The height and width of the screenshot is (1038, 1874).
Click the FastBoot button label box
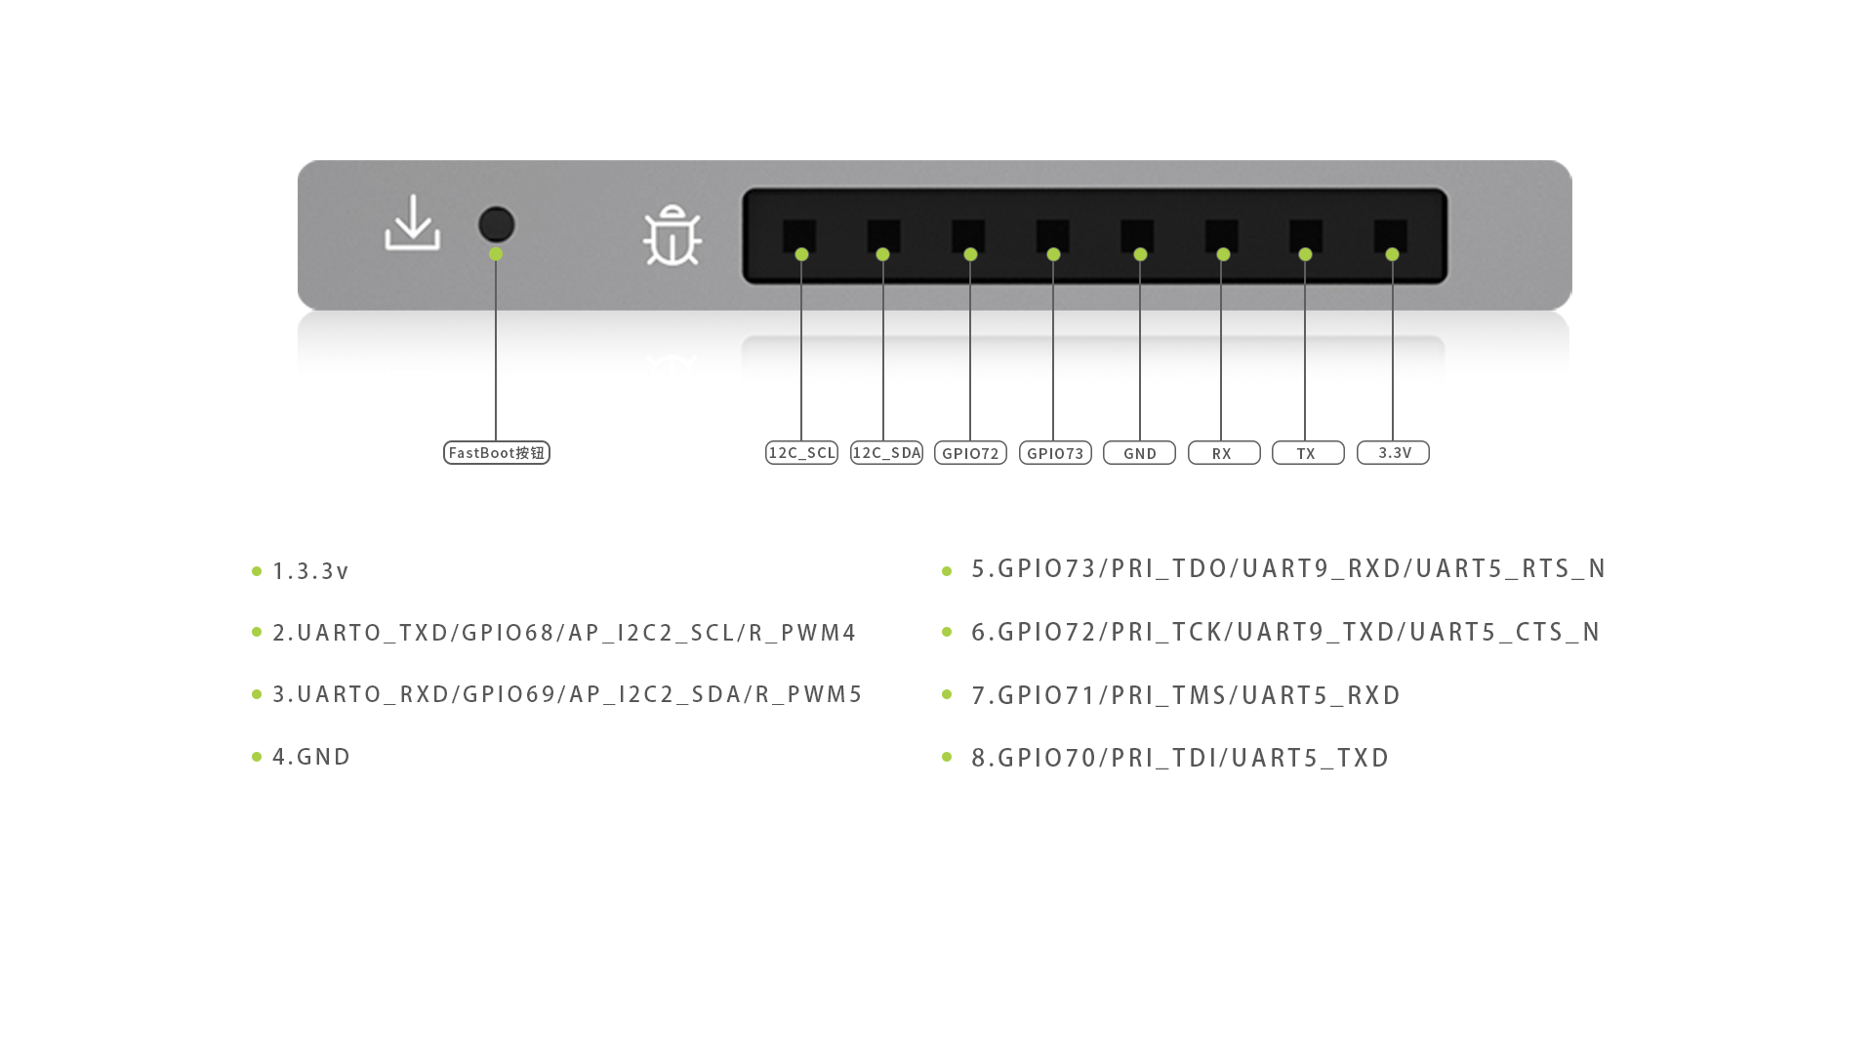pyautogui.click(x=497, y=453)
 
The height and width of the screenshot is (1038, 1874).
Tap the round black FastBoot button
pyautogui.click(x=497, y=225)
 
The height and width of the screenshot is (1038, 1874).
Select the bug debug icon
pyautogui.click(x=672, y=235)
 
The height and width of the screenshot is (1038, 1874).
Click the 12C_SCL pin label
pyautogui.click(x=802, y=453)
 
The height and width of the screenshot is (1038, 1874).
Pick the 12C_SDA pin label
pyautogui.click(x=886, y=453)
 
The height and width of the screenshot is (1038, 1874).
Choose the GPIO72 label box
pyautogui.click(x=970, y=453)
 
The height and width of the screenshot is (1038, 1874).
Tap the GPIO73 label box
pyautogui.click(x=1055, y=453)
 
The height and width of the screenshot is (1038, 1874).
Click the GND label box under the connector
pyautogui.click(x=1139, y=453)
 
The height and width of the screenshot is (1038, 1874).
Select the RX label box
pyautogui.click(x=1224, y=453)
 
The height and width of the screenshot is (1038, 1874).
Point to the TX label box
pyautogui.click(x=1308, y=453)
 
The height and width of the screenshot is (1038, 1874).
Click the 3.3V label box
pyautogui.click(x=1393, y=453)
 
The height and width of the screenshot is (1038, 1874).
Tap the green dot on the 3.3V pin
pyautogui.click(x=1392, y=255)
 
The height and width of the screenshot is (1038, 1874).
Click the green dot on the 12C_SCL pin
pyautogui.click(x=801, y=255)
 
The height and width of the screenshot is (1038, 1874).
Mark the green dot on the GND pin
pyautogui.click(x=1140, y=255)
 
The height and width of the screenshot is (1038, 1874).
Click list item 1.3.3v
pyautogui.click(x=310, y=571)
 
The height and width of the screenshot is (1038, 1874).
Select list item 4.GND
pyautogui.click(x=311, y=757)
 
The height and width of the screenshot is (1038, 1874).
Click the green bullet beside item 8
pyautogui.click(x=947, y=757)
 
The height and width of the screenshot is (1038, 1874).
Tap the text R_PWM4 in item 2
pyautogui.click(x=802, y=633)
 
